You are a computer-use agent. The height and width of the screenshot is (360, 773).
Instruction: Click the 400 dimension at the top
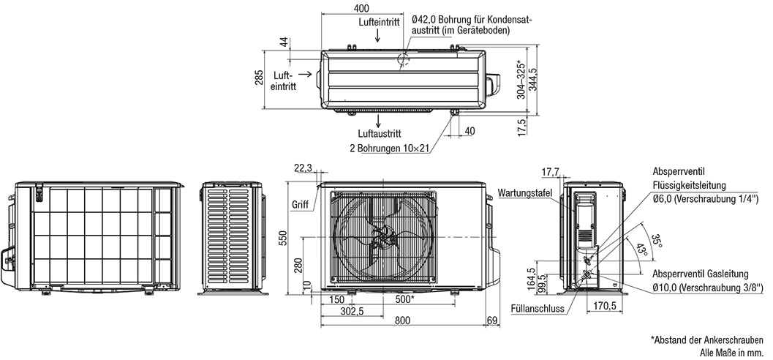[361, 8]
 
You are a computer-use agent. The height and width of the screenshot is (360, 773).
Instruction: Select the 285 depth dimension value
[259, 79]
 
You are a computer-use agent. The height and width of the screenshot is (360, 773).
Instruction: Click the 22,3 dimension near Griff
[303, 168]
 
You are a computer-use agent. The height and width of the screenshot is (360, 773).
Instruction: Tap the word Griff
[300, 204]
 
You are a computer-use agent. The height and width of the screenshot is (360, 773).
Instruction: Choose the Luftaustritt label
[380, 134]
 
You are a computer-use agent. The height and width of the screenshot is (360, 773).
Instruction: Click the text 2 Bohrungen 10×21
[389, 149]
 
